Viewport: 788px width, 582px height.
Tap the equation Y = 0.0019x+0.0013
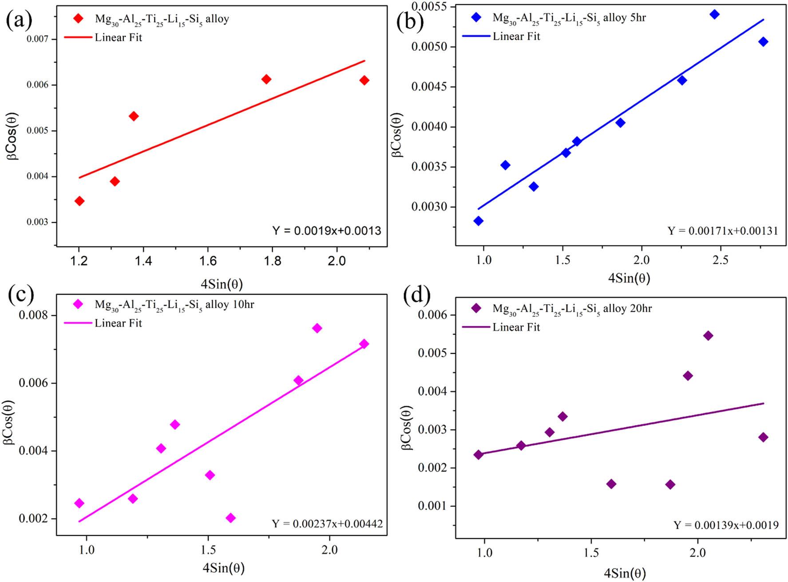[326, 230]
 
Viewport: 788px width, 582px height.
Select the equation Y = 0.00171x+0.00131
[722, 230]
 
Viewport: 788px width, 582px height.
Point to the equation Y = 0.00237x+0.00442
[327, 524]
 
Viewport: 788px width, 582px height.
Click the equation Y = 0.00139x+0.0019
[726, 525]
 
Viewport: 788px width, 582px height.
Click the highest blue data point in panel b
[714, 15]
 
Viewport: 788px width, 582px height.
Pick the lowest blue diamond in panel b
[478, 221]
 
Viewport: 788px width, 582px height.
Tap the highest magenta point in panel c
[317, 329]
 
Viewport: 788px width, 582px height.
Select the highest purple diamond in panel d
[708, 336]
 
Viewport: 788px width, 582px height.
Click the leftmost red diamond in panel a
[79, 201]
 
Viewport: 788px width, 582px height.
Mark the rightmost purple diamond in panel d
[763, 437]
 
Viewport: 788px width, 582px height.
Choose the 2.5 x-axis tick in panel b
[720, 260]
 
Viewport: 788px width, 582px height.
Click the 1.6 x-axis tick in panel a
[208, 261]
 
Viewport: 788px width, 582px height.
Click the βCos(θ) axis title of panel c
[9, 422]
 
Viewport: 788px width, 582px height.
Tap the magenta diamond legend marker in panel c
[78, 304]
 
